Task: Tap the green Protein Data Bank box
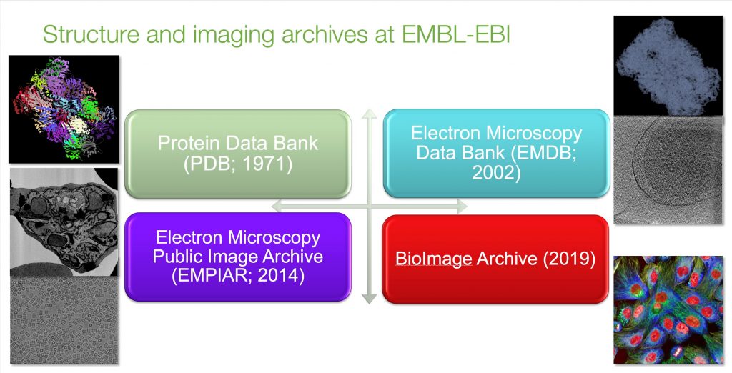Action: point(238,154)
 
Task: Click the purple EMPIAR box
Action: point(238,257)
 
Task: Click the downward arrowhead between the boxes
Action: point(370,298)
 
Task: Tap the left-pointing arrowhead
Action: point(277,205)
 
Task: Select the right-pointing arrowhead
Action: point(461,205)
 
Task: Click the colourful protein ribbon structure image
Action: point(64,109)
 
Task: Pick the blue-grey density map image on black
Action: point(668,66)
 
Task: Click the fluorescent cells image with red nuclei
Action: point(668,309)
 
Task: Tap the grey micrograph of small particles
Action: point(64,320)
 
